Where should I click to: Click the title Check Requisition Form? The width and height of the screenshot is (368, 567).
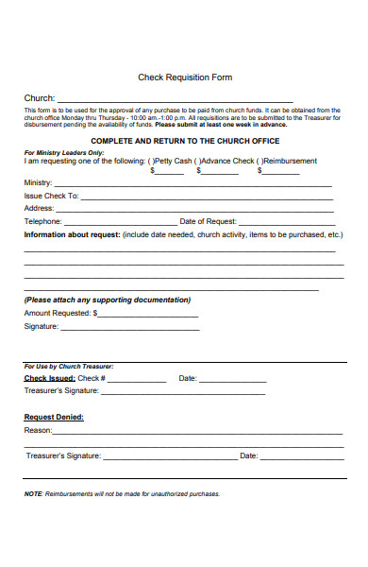click(x=185, y=77)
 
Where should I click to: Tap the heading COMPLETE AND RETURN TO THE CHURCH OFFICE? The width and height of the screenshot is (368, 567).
click(x=185, y=141)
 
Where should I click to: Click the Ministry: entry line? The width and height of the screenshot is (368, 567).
click(x=193, y=183)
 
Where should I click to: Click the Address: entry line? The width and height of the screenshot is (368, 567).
click(x=194, y=209)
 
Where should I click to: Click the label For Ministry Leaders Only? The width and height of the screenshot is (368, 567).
click(x=64, y=152)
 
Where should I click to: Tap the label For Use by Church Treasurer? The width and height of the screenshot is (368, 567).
click(x=69, y=366)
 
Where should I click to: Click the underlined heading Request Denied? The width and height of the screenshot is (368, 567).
click(x=54, y=417)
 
